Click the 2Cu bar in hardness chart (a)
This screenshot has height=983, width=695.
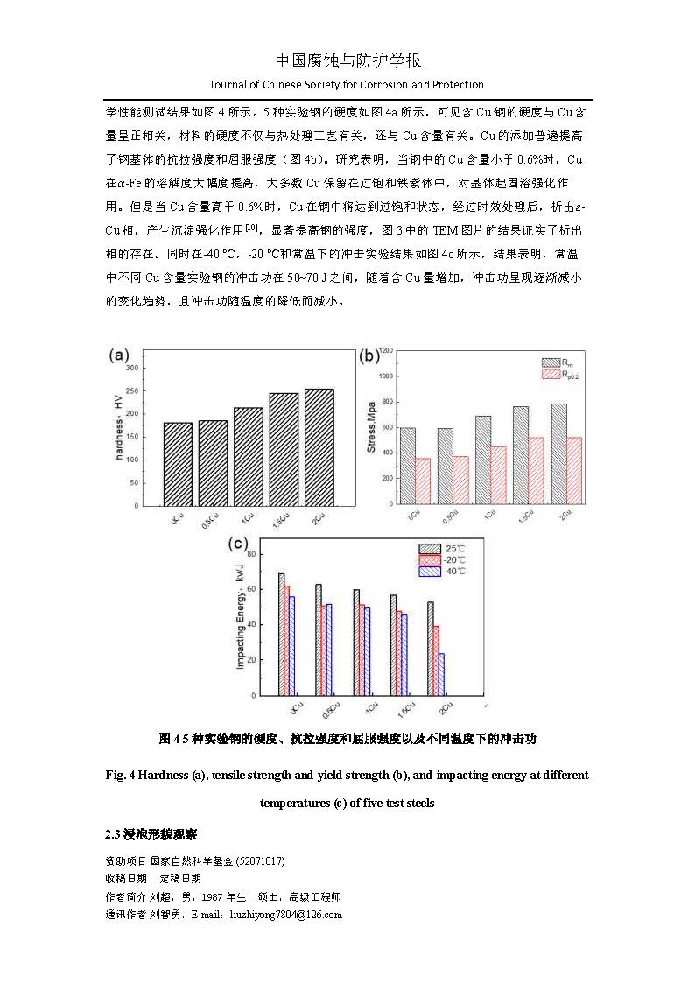click(x=319, y=446)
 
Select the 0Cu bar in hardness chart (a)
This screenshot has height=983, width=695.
click(x=178, y=464)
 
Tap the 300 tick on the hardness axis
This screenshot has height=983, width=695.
click(x=131, y=368)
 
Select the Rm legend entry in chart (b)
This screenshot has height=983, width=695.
click(x=558, y=362)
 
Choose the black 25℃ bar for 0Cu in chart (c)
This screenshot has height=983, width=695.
click(x=281, y=634)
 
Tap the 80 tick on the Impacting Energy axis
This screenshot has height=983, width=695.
click(x=252, y=554)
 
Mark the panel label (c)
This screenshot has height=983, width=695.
click(x=238, y=543)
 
